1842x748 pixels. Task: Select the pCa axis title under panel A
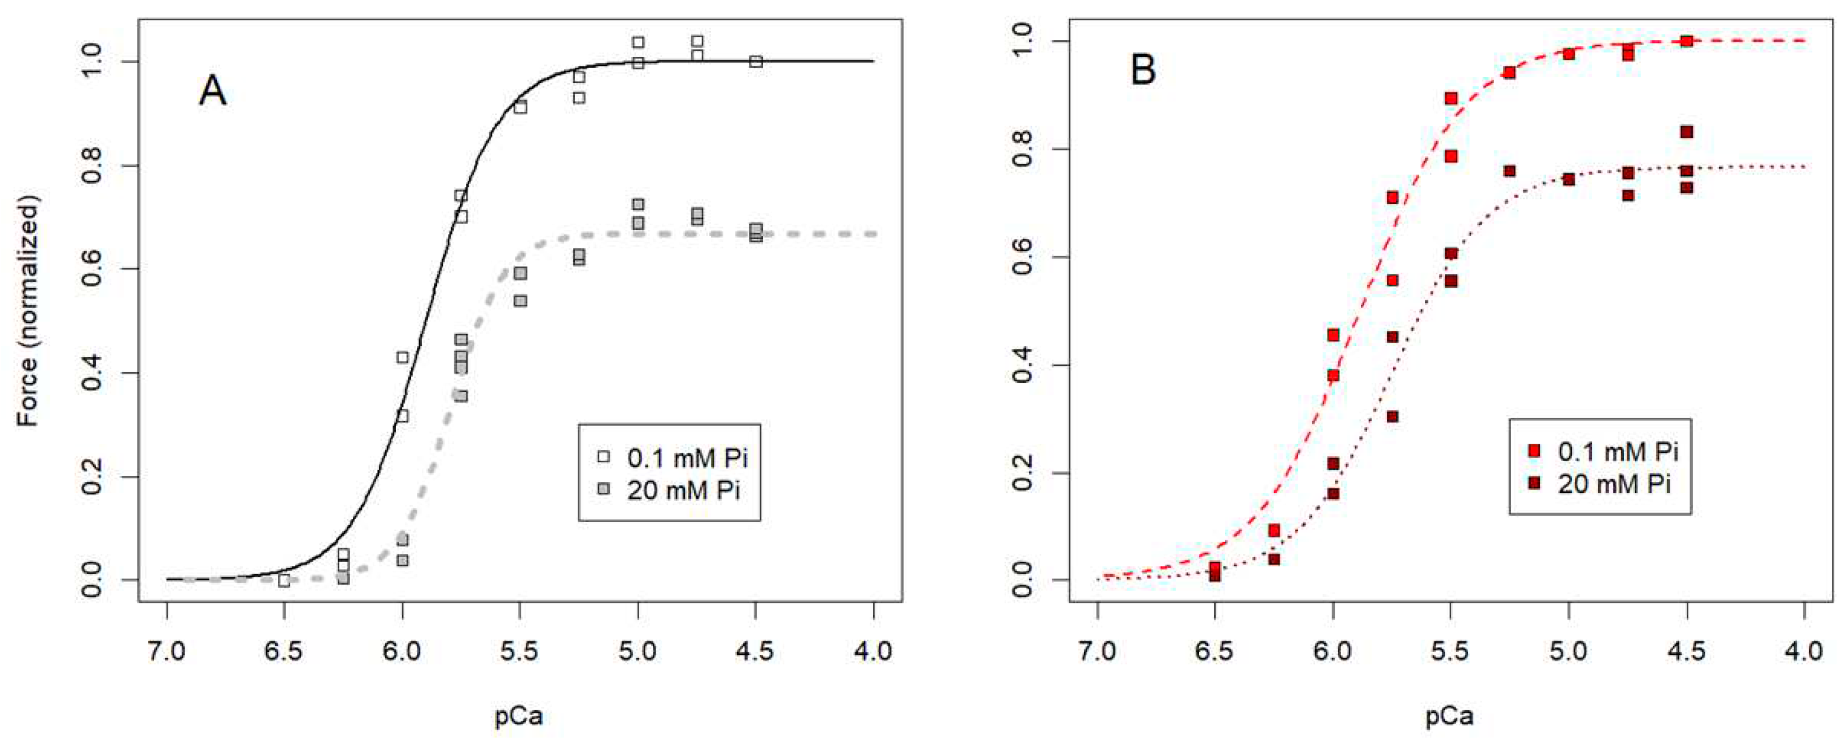pyautogui.click(x=519, y=716)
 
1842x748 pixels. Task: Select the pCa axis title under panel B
pyautogui.click(x=1450, y=716)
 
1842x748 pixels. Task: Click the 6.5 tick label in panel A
pyautogui.click(x=284, y=652)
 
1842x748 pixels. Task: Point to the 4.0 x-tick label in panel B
pyautogui.click(x=1804, y=652)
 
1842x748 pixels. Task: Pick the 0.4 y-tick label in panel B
pyautogui.click(x=1023, y=365)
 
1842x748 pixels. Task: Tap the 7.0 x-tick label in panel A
pyautogui.click(x=167, y=652)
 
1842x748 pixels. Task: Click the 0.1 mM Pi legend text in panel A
pyautogui.click(x=687, y=458)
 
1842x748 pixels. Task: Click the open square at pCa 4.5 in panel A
pyautogui.click(x=756, y=62)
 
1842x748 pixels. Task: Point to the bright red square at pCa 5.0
pyautogui.click(x=1568, y=54)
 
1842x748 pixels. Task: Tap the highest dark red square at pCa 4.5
pyautogui.click(x=1686, y=132)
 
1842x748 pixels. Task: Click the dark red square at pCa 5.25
pyautogui.click(x=1509, y=171)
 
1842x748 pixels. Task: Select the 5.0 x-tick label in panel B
pyautogui.click(x=1568, y=652)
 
